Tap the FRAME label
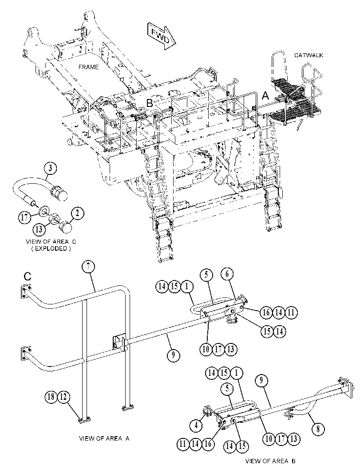tap(89, 67)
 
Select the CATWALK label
tap(309, 55)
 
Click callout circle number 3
tap(50, 168)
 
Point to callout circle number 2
tap(78, 213)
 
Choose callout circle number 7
tap(89, 267)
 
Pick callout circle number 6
tap(227, 274)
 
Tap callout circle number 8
tap(318, 429)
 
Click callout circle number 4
tap(196, 425)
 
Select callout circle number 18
tap(51, 397)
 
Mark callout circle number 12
tap(63, 397)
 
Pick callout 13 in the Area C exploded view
tap(39, 229)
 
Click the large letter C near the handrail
tap(27, 277)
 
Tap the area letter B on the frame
tap(150, 103)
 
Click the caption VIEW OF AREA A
tap(104, 438)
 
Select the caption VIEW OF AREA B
tap(270, 461)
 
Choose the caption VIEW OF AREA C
tap(51, 242)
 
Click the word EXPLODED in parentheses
tap(51, 248)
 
